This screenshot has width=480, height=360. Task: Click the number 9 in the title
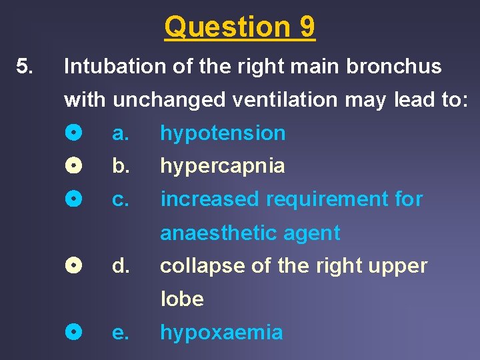307,27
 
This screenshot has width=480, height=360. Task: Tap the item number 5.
24,67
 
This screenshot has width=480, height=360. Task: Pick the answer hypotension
223,133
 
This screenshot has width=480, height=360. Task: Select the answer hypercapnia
223,167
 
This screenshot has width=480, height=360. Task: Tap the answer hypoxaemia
221,333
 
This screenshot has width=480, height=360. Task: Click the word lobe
181,299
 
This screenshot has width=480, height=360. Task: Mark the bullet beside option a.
75,133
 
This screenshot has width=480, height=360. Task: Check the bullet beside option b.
75,166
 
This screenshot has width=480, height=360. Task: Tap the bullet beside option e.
75,332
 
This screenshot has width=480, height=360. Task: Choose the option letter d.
120,266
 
